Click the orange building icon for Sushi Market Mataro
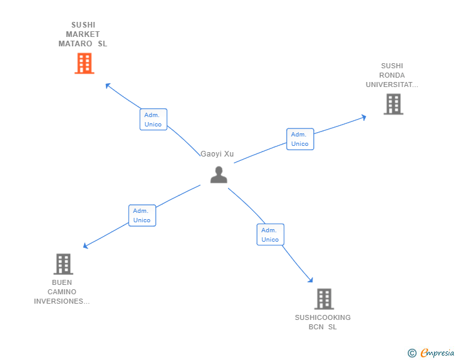pyautogui.click(x=84, y=63)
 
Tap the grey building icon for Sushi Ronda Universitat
pyautogui.click(x=393, y=104)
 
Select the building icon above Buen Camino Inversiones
pyautogui.click(x=63, y=264)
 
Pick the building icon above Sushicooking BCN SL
pyautogui.click(x=323, y=299)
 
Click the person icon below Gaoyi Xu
pyautogui.click(x=219, y=175)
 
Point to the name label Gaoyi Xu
pyautogui.click(x=217, y=154)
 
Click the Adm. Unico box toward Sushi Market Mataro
pyautogui.click(x=153, y=120)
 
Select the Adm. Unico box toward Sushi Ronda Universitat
pyautogui.click(x=300, y=139)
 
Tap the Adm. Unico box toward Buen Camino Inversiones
pyautogui.click(x=142, y=215)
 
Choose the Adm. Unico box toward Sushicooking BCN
pyautogui.click(x=270, y=235)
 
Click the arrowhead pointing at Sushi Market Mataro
pyautogui.click(x=108, y=85)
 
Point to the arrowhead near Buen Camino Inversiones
pyautogui.click(x=86, y=246)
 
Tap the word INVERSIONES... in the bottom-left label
pyautogui.click(x=62, y=301)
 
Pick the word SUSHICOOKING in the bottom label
pyautogui.click(x=323, y=317)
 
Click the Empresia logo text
pyautogui.click(x=437, y=353)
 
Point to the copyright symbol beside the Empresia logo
pyautogui.click(x=412, y=353)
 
